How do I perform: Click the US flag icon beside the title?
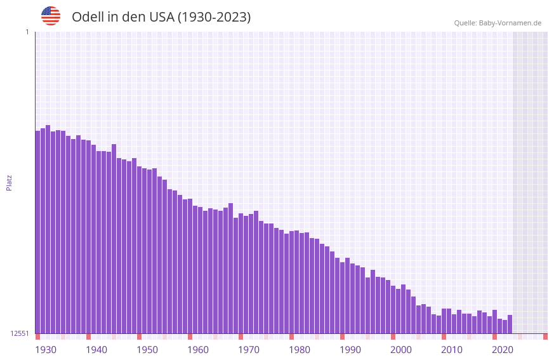(51, 16)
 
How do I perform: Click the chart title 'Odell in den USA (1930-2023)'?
(161, 17)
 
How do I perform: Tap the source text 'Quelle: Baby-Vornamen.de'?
(498, 23)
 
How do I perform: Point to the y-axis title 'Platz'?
(9, 182)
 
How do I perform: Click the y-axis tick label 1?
(27, 32)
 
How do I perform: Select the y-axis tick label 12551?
(20, 333)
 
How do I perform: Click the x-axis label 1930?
(46, 350)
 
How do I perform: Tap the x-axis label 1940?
(96, 350)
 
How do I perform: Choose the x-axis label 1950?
(147, 350)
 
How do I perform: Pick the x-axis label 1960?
(198, 350)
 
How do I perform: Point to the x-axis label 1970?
(249, 350)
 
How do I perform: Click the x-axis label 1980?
(300, 350)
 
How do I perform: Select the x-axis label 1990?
(350, 350)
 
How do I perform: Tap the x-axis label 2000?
(401, 350)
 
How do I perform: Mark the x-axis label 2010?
(452, 350)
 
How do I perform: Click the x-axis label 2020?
(503, 350)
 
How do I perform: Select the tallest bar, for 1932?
(48, 229)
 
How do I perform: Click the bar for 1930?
(37, 232)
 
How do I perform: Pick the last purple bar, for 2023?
(510, 324)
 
